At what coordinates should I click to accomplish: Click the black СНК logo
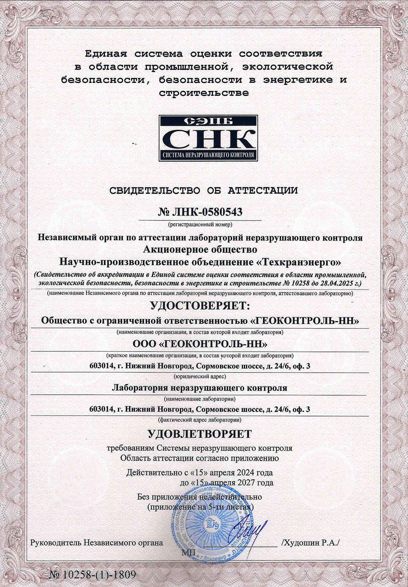[208, 138]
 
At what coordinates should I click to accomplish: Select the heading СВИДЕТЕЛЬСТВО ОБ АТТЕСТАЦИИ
[204, 190]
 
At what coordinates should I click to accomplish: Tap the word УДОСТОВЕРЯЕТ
[199, 306]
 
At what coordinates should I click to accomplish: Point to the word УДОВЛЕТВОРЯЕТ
[200, 434]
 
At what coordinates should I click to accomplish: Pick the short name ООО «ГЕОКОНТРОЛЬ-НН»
[200, 344]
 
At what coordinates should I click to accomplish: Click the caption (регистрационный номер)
[200, 224]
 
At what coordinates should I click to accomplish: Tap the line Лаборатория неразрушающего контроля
[199, 388]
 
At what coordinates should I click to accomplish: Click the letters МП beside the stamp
[187, 552]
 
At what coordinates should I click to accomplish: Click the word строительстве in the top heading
[204, 93]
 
